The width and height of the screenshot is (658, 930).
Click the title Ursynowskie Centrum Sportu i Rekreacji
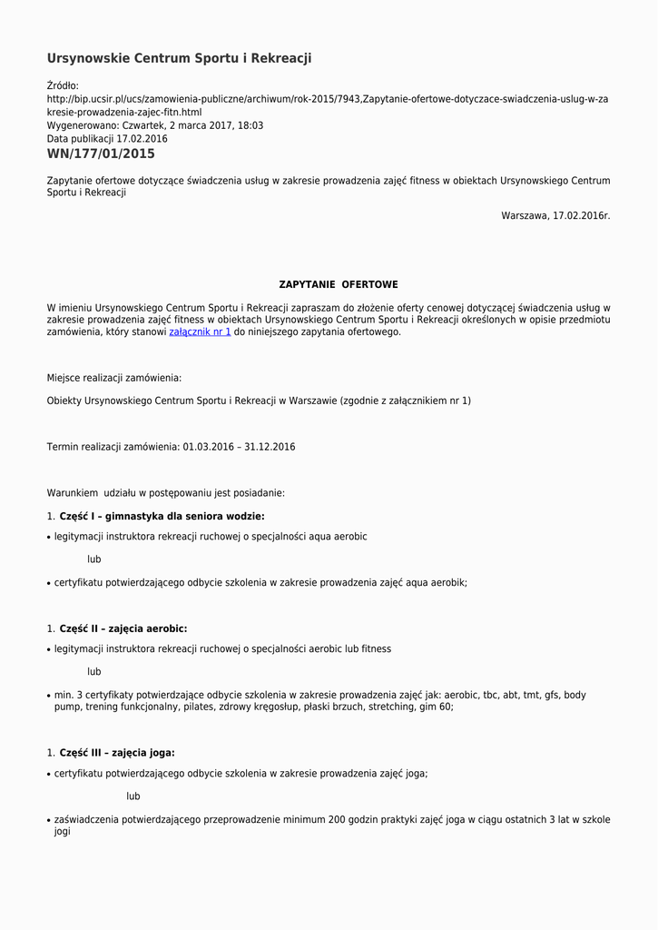(x=179, y=58)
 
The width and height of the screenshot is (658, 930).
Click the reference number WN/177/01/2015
(x=101, y=154)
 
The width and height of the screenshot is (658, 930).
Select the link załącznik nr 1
(x=200, y=332)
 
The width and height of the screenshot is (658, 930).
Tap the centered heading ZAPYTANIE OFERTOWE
(x=338, y=285)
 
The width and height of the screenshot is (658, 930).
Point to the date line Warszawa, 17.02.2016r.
(x=555, y=216)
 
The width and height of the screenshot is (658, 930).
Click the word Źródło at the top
(x=63, y=86)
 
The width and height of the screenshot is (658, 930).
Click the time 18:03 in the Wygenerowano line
(x=250, y=125)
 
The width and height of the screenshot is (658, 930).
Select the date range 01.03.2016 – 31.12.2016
(x=239, y=447)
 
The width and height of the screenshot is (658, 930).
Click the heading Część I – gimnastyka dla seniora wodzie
(x=162, y=517)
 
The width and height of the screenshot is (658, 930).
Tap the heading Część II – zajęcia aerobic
(x=123, y=628)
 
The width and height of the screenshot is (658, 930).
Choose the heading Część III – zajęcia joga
(x=117, y=753)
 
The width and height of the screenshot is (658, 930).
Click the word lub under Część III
(x=133, y=796)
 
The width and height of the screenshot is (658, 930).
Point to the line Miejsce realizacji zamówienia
(x=113, y=378)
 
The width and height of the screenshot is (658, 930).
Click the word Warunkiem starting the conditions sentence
(x=73, y=493)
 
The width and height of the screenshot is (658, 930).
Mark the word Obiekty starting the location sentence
(x=64, y=401)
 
